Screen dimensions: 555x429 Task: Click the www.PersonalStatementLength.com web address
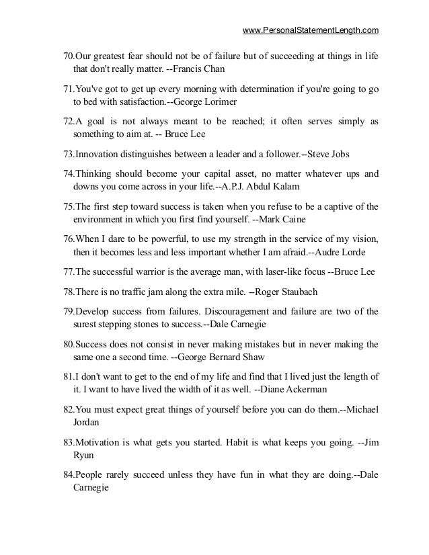tap(310, 30)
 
